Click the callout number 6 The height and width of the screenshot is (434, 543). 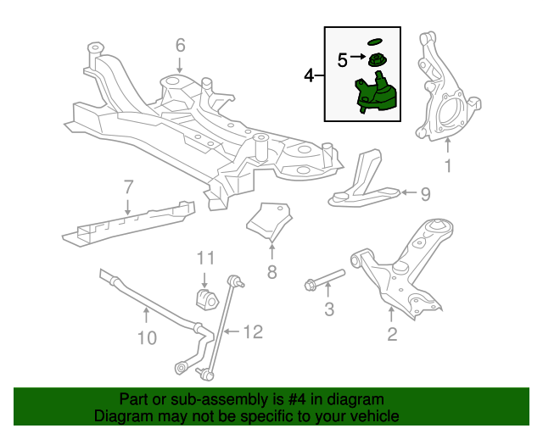pos(180,44)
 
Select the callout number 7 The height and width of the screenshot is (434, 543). pos(128,186)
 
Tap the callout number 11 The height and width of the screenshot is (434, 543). pos(205,257)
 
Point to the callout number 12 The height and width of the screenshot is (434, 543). pos(254,331)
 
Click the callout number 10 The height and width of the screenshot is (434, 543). pos(146,338)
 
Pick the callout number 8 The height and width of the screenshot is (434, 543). pos(271,272)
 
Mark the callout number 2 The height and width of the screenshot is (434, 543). pos(391,334)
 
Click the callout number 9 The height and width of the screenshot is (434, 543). pos(425,194)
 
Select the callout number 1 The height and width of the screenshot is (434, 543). pos(449,166)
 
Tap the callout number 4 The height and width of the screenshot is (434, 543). pos(309,76)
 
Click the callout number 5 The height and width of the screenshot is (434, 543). pos(342,59)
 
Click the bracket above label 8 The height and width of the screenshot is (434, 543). pos(270,220)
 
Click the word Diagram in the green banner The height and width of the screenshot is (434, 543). pos(120,416)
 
